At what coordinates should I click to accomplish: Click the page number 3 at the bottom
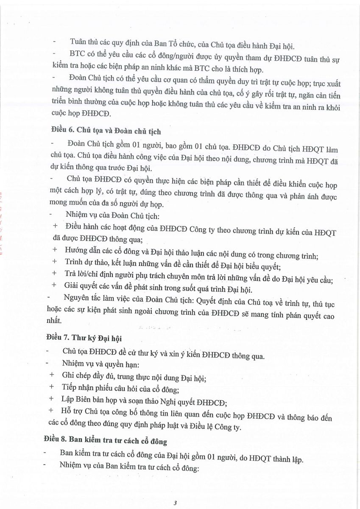point(175,503)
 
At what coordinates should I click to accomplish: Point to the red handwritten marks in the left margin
point(4,221)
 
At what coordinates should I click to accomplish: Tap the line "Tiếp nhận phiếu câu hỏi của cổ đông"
point(120,388)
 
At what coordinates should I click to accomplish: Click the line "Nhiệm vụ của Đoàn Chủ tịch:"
point(112,216)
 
